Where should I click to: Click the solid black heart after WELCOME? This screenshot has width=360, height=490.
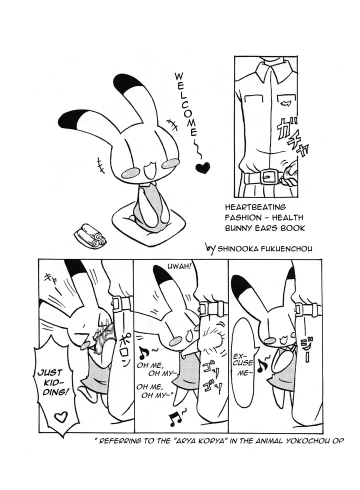click(203, 167)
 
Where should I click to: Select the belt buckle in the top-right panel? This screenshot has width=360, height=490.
click(269, 176)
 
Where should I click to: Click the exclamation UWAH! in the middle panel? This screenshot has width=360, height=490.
click(178, 267)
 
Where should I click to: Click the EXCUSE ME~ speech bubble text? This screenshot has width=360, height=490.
click(243, 366)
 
